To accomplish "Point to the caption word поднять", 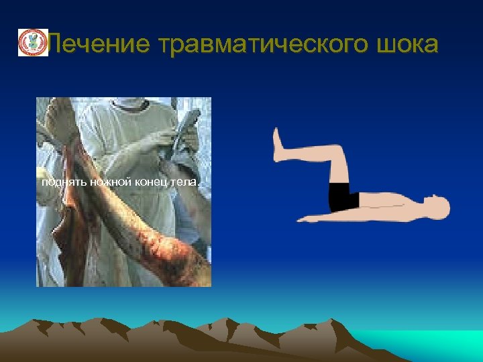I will coord(60,182).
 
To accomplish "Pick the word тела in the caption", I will coord(189,182).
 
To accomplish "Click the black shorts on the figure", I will coord(344,196).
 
